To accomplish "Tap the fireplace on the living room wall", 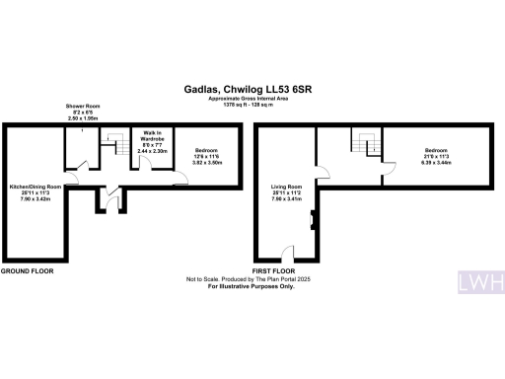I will point(313,215).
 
